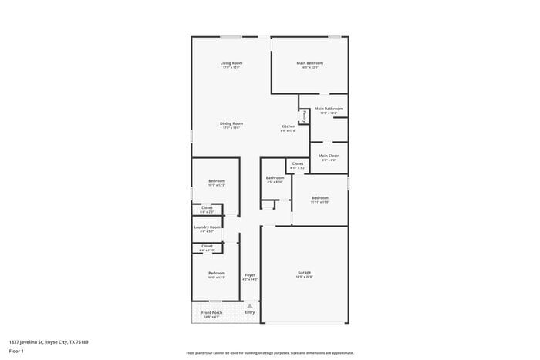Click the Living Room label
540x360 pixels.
click(x=231, y=63)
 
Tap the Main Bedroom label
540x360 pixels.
click(x=309, y=63)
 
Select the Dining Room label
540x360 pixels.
click(x=231, y=123)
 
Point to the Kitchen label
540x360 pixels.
click(x=288, y=126)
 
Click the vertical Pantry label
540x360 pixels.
click(x=305, y=117)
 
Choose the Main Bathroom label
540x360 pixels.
click(x=329, y=109)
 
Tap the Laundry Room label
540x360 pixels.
click(x=208, y=227)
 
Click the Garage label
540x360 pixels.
click(x=304, y=273)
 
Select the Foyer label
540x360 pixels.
click(x=250, y=275)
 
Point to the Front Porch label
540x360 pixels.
click(x=211, y=312)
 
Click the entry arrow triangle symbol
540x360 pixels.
click(x=250, y=306)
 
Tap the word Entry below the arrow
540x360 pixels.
click(x=250, y=312)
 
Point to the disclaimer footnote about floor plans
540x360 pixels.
click(x=269, y=352)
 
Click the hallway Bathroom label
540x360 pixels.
click(x=275, y=178)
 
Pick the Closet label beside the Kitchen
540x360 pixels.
click(x=297, y=163)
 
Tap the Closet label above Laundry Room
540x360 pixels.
click(x=207, y=207)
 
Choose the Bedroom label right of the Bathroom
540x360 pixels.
click(x=320, y=198)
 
